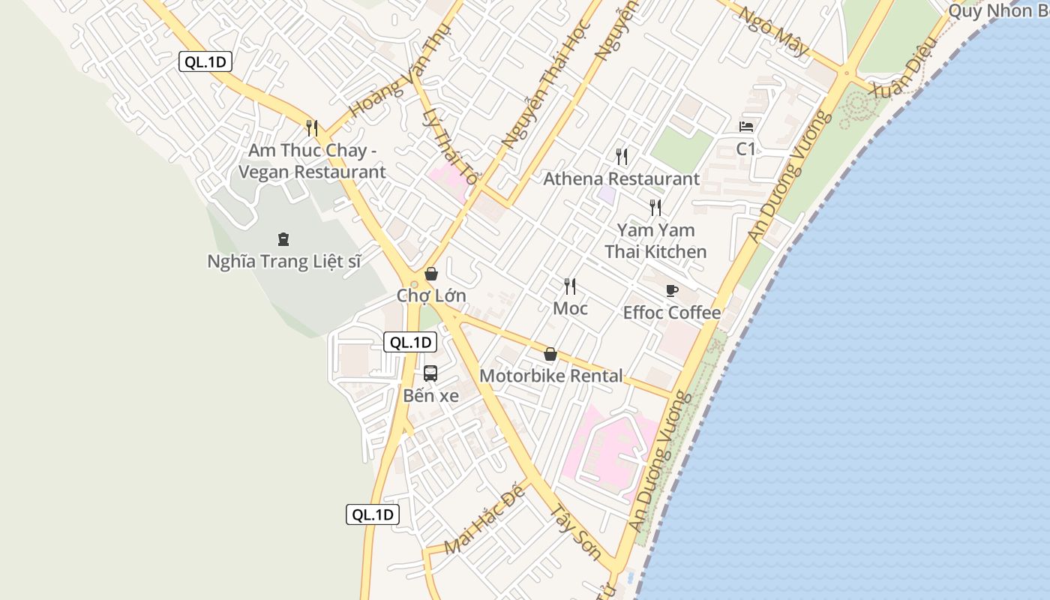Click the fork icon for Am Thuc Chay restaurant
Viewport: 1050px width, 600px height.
312,128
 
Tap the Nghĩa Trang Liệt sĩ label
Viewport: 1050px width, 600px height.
283,262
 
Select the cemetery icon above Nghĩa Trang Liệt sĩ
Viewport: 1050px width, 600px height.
283,239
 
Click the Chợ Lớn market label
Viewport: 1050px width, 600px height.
431,295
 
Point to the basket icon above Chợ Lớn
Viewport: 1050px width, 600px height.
431,274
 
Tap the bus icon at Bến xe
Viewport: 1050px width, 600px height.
430,373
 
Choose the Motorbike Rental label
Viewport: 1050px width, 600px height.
551,376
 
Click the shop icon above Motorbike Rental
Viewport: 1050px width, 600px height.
550,354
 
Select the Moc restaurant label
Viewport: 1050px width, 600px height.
570,308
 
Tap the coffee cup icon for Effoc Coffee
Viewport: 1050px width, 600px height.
672,290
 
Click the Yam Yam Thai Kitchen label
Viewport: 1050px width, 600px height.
655,241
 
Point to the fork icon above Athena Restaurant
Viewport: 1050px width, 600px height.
621,157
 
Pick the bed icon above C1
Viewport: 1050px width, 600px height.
746,126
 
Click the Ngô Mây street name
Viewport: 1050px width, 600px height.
773,33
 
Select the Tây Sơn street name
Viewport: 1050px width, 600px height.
576,532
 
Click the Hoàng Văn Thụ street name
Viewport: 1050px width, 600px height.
400,70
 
